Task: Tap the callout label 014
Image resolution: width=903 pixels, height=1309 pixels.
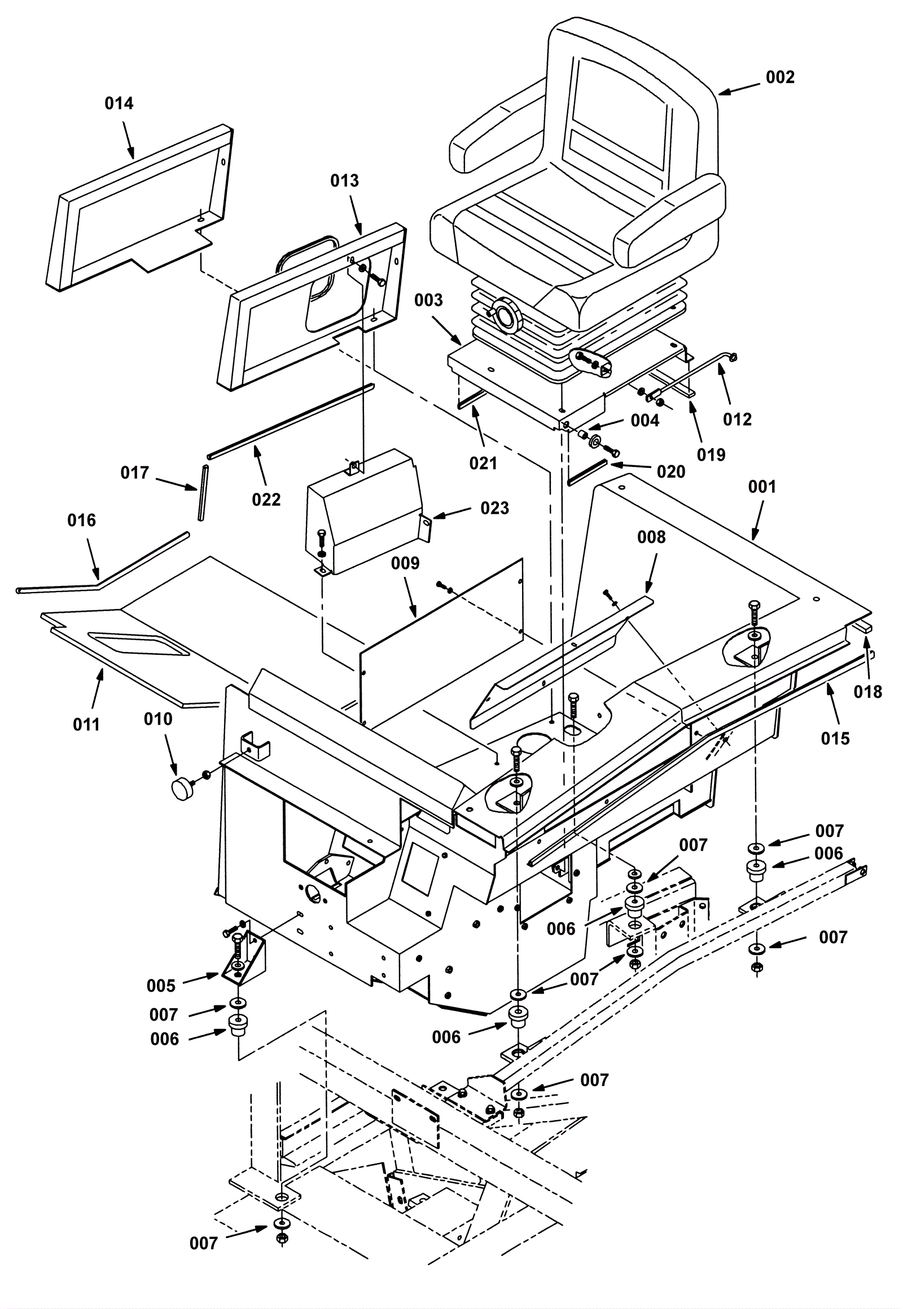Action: (120, 103)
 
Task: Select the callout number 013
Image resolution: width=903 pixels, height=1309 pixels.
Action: (345, 181)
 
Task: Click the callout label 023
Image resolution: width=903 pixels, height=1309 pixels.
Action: (494, 508)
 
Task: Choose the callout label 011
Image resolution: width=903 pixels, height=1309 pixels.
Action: (86, 724)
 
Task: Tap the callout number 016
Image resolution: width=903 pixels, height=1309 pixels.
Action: (81, 520)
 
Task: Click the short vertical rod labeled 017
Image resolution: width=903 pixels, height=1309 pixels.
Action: (201, 492)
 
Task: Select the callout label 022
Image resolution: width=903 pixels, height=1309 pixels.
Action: (266, 500)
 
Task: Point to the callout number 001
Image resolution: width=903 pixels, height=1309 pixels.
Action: (762, 487)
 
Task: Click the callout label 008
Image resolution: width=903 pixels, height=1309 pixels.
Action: (651, 537)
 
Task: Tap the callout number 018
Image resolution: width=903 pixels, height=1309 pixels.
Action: (868, 691)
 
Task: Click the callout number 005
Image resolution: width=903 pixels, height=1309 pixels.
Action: (161, 986)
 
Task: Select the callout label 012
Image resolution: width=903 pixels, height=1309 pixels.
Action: (737, 419)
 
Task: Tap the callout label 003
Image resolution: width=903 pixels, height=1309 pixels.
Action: (428, 300)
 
